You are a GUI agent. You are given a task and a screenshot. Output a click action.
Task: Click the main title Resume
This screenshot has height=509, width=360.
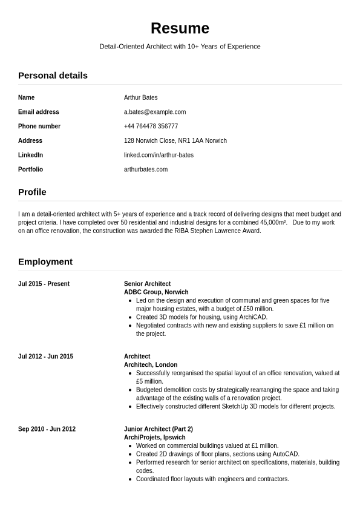pyautogui.click(x=180, y=28)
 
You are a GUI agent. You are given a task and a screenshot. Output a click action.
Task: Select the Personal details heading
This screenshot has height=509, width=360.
pyautogui.click(x=53, y=76)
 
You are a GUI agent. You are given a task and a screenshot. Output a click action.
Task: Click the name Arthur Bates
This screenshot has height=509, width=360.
pyautogui.click(x=140, y=97)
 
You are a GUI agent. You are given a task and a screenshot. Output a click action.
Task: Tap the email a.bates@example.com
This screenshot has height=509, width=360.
pyautogui.click(x=155, y=112)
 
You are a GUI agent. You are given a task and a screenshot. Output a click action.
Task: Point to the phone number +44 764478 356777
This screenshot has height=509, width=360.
pyautogui.click(x=151, y=126)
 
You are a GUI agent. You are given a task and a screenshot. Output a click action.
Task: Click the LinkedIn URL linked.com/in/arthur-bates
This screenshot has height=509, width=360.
pyautogui.click(x=159, y=155)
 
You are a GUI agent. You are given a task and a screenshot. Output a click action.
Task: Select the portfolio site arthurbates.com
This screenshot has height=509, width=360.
pyautogui.click(x=146, y=169)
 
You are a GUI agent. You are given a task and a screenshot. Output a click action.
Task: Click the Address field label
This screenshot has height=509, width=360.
pyautogui.click(x=30, y=140)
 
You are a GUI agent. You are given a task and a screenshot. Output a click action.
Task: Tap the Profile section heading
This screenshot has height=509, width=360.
pyautogui.click(x=32, y=192)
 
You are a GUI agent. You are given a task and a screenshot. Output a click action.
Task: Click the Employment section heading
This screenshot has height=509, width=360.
pyautogui.click(x=45, y=261)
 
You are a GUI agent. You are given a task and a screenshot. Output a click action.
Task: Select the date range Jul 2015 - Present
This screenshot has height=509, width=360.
pyautogui.click(x=44, y=284)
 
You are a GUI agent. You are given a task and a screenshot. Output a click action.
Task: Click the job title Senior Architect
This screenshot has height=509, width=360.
pyautogui.click(x=147, y=284)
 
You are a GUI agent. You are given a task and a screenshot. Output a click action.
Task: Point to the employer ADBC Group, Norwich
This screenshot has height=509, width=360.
pyautogui.click(x=156, y=292)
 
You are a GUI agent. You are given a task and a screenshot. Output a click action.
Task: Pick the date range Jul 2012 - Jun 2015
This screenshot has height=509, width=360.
pyautogui.click(x=45, y=356)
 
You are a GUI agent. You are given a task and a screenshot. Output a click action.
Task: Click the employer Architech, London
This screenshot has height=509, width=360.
pyautogui.click(x=151, y=365)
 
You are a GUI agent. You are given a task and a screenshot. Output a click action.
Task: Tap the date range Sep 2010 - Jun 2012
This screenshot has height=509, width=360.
pyautogui.click(x=47, y=429)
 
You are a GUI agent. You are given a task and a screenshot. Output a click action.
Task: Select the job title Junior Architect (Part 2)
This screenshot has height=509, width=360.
pyautogui.click(x=159, y=429)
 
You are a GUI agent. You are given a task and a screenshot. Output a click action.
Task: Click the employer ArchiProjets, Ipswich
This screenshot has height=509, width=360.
pyautogui.click(x=154, y=438)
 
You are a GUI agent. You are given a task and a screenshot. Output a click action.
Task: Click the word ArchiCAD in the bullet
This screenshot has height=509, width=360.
pyautogui.click(x=252, y=317)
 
